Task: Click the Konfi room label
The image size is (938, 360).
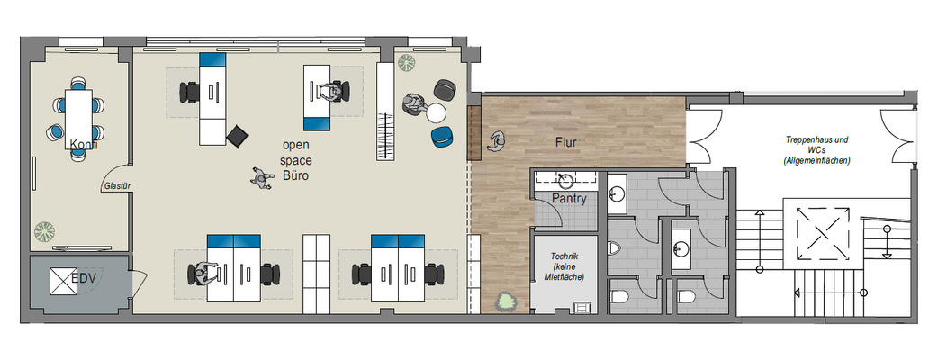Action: click(82, 145)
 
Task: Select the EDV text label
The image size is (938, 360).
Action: click(85, 280)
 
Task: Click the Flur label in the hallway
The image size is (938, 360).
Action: click(565, 142)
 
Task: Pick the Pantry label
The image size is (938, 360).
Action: click(569, 199)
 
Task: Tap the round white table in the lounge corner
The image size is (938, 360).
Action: click(437, 113)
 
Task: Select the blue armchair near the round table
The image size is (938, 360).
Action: click(442, 136)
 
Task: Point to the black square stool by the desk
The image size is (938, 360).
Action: click(237, 135)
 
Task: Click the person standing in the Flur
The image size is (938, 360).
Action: click(497, 140)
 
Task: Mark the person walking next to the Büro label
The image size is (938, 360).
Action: click(260, 178)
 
